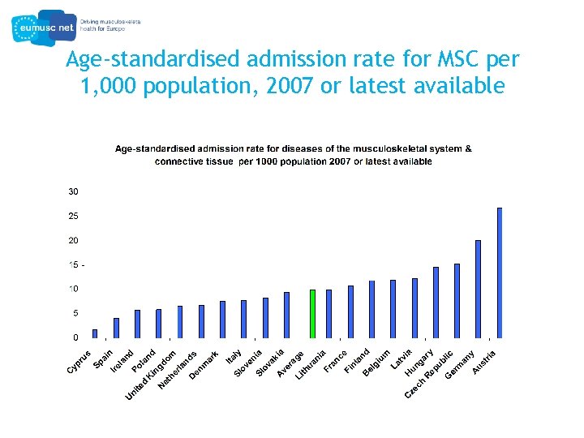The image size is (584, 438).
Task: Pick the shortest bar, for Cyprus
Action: (x=95, y=333)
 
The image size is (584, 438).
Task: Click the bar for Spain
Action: (x=116, y=328)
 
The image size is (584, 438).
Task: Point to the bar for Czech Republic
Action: (x=457, y=301)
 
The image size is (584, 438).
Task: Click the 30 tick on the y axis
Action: (x=73, y=192)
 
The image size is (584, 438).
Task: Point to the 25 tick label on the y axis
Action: (x=73, y=217)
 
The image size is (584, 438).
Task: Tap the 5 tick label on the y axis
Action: (x=75, y=313)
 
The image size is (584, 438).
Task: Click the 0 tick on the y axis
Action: (x=75, y=337)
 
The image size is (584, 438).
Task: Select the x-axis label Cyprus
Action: (x=79, y=362)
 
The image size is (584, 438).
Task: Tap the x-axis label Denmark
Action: (x=204, y=366)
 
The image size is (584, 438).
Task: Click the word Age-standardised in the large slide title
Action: (x=152, y=60)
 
